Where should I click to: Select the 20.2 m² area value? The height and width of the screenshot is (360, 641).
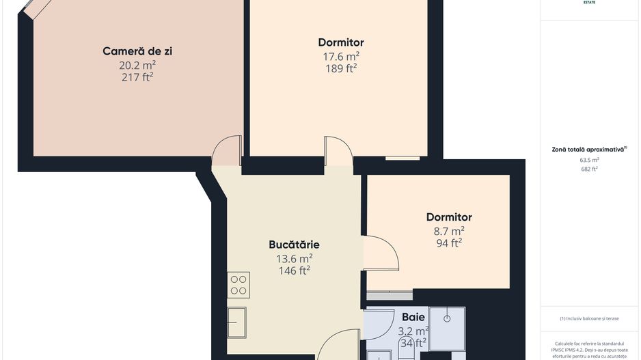tap(137, 65)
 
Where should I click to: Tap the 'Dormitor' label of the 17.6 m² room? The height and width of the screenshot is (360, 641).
tap(341, 42)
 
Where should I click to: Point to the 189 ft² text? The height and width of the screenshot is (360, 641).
tap(341, 68)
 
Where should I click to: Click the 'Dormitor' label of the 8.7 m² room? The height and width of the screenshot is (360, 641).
tap(449, 217)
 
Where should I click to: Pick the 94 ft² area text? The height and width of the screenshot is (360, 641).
tap(449, 243)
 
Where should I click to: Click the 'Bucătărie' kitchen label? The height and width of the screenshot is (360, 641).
tap(294, 245)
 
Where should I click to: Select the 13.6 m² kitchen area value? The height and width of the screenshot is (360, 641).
tap(295, 258)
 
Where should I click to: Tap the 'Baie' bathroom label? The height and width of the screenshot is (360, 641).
tap(413, 317)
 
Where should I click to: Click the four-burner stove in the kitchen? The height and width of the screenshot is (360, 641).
tap(239, 285)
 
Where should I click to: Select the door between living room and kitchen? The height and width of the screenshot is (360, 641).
tap(227, 152)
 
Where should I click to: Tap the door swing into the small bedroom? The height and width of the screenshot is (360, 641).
tap(381, 253)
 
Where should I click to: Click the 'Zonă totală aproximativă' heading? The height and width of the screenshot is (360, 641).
tap(589, 149)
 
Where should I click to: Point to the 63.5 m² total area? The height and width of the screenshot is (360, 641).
tap(589, 160)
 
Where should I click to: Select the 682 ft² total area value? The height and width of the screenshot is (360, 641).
tap(589, 169)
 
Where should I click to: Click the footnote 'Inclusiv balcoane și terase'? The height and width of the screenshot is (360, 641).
tap(589, 318)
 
